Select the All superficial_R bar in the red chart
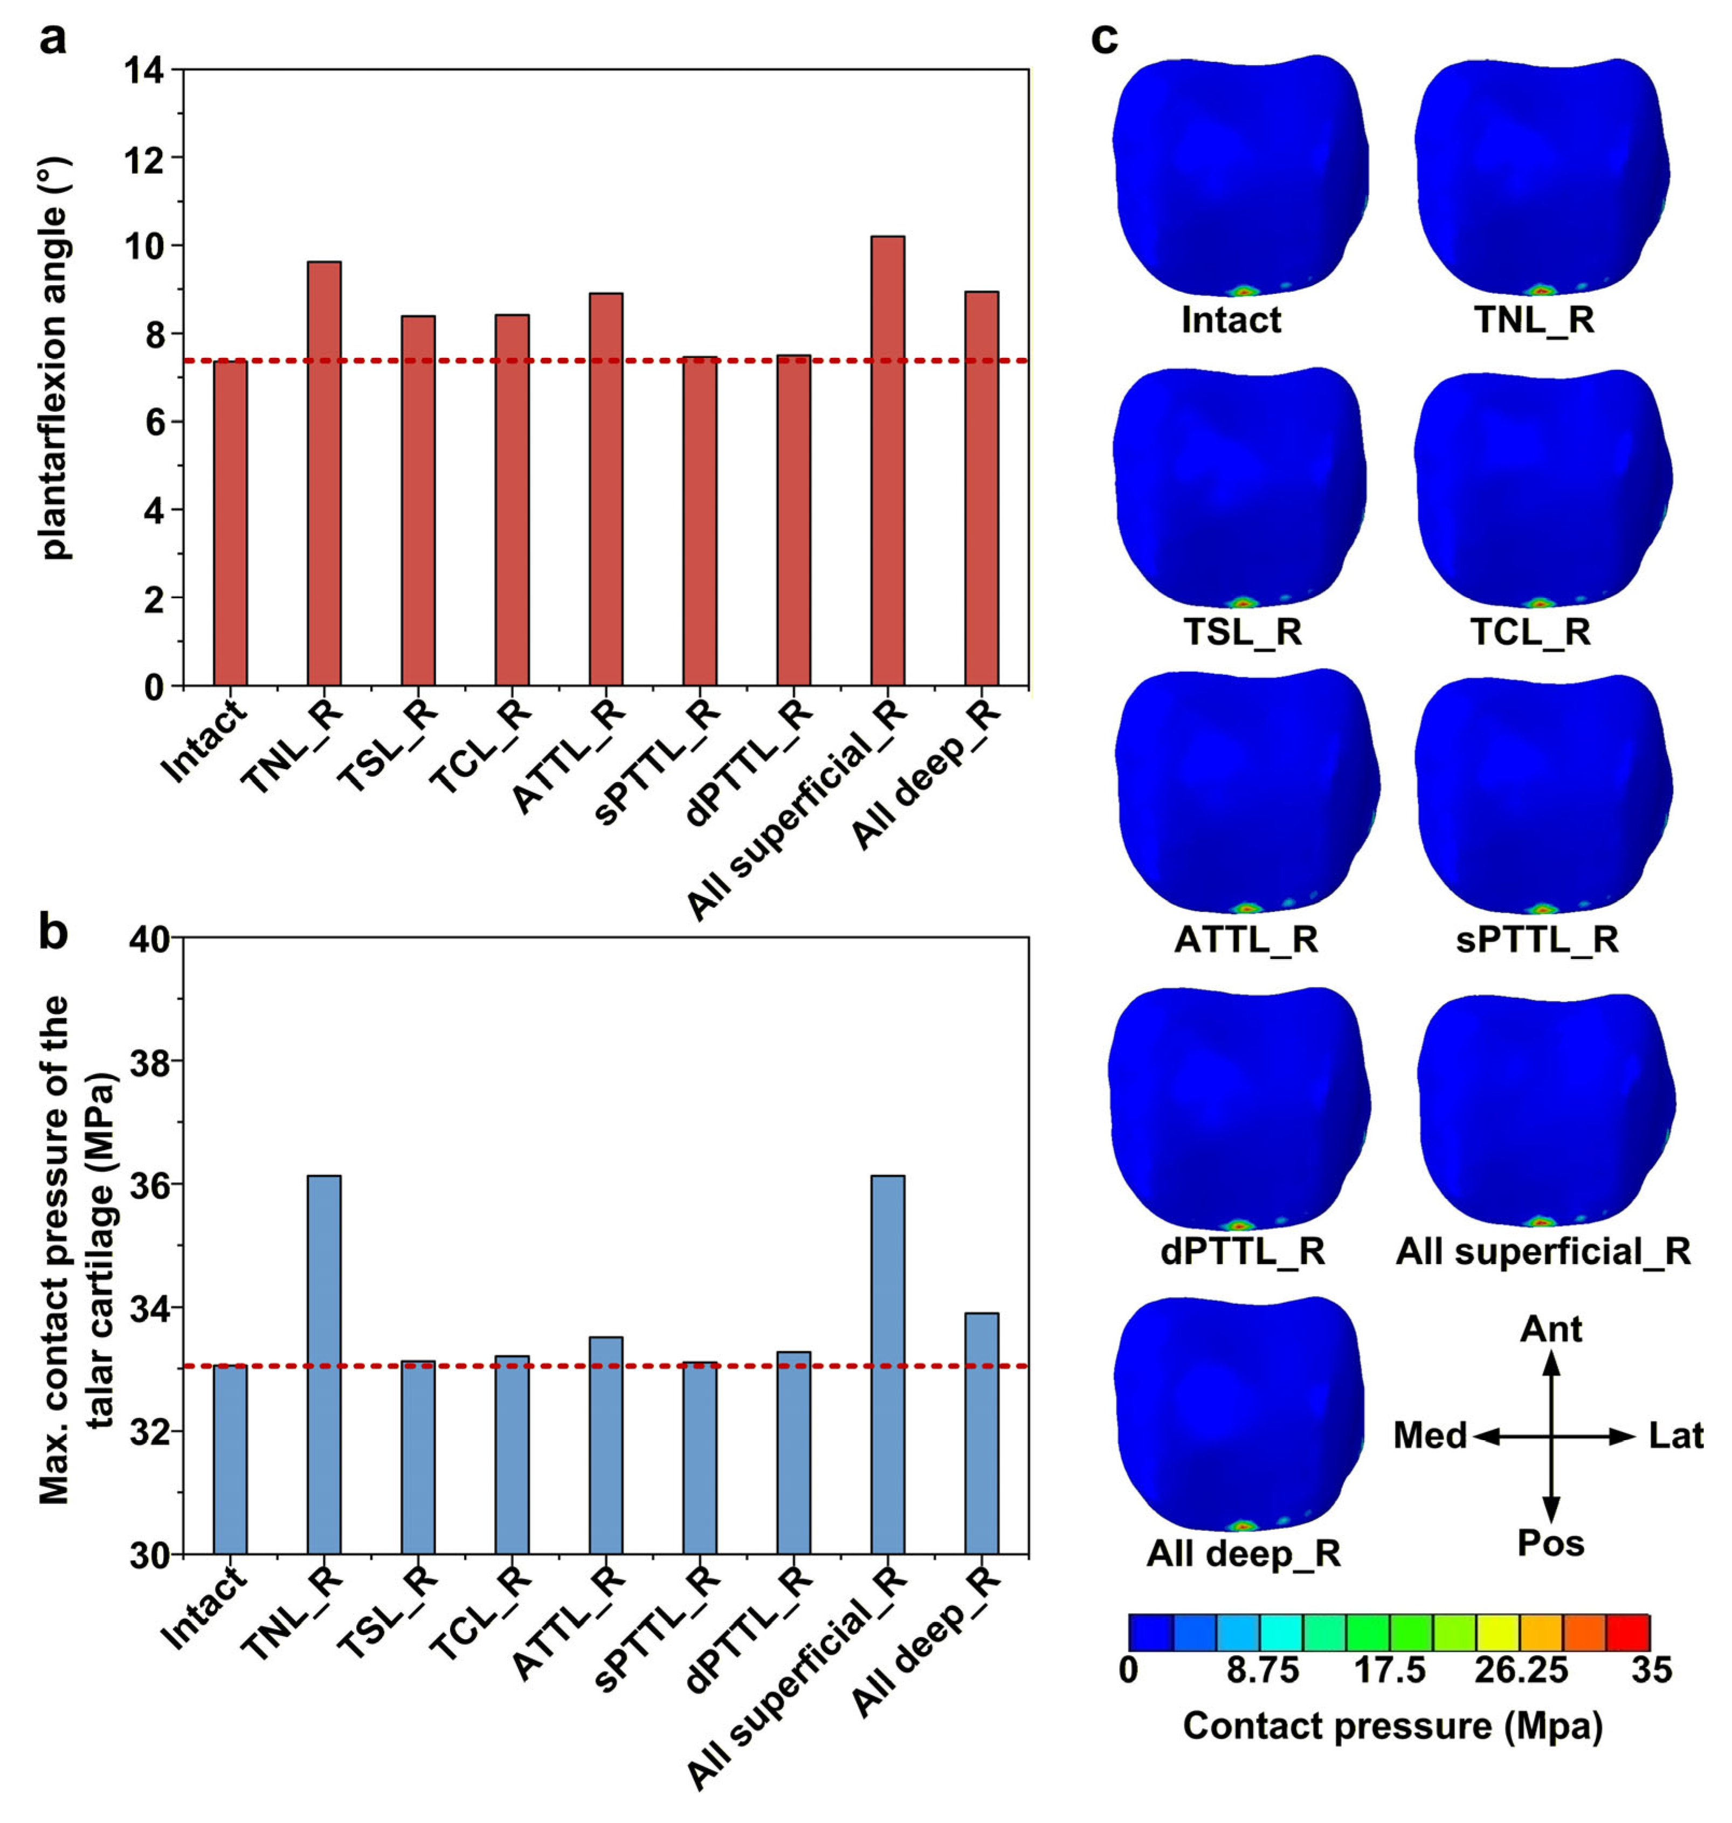887,460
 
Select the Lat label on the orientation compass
1676,1435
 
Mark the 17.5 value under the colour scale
1390,1670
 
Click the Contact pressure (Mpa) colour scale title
1393,1725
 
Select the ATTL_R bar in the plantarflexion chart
606,489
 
